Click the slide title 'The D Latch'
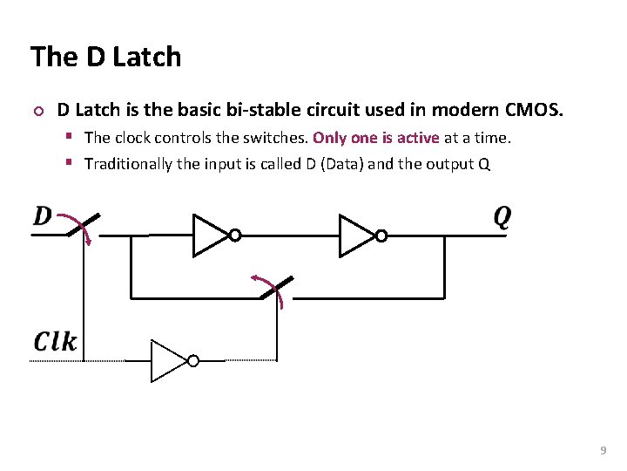coord(105,58)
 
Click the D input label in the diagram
coord(42,215)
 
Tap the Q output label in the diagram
coord(502,216)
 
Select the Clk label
coord(56,341)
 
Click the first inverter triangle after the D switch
coord(209,235)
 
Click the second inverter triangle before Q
coord(355,235)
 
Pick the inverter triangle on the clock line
coord(168,360)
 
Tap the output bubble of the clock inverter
coord(193,361)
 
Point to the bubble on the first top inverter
coord(234,235)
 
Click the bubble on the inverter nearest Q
coord(381,235)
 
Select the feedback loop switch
coord(276,290)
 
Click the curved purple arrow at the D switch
coord(84,229)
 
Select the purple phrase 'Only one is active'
coord(376,138)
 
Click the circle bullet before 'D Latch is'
coord(37,112)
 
